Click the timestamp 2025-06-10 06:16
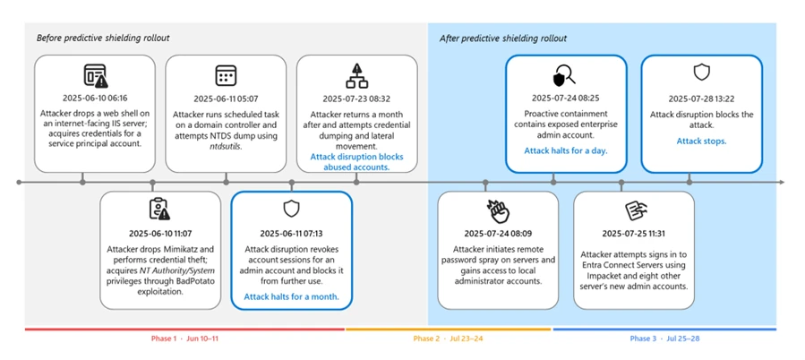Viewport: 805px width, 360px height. click(94, 97)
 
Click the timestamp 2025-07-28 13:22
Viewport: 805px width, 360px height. click(701, 97)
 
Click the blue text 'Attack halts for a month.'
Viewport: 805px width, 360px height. click(291, 296)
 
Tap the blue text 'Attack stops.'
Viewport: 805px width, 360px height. click(701, 141)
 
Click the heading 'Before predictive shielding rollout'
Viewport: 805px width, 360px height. click(103, 39)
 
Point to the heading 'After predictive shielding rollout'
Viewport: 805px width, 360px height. click(503, 39)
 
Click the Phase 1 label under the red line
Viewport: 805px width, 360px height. click(184, 339)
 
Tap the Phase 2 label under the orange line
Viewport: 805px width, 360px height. click(448, 339)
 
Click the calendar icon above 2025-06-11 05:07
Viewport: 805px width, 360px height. click(226, 74)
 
